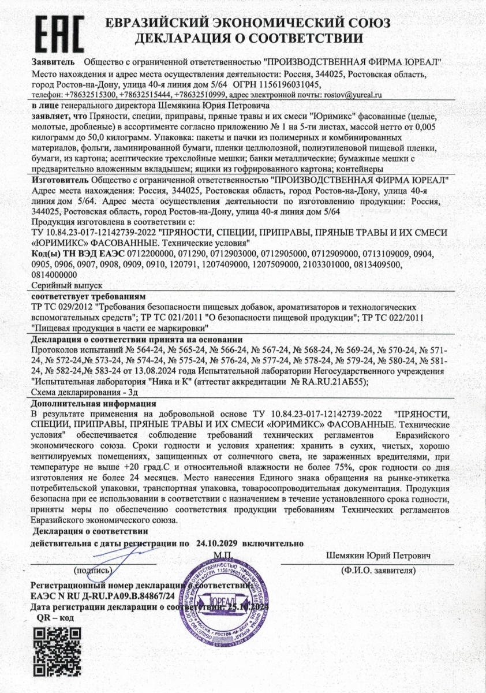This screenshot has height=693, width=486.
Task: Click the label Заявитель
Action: [x=53, y=61]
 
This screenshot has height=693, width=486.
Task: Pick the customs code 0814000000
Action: [x=55, y=275]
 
